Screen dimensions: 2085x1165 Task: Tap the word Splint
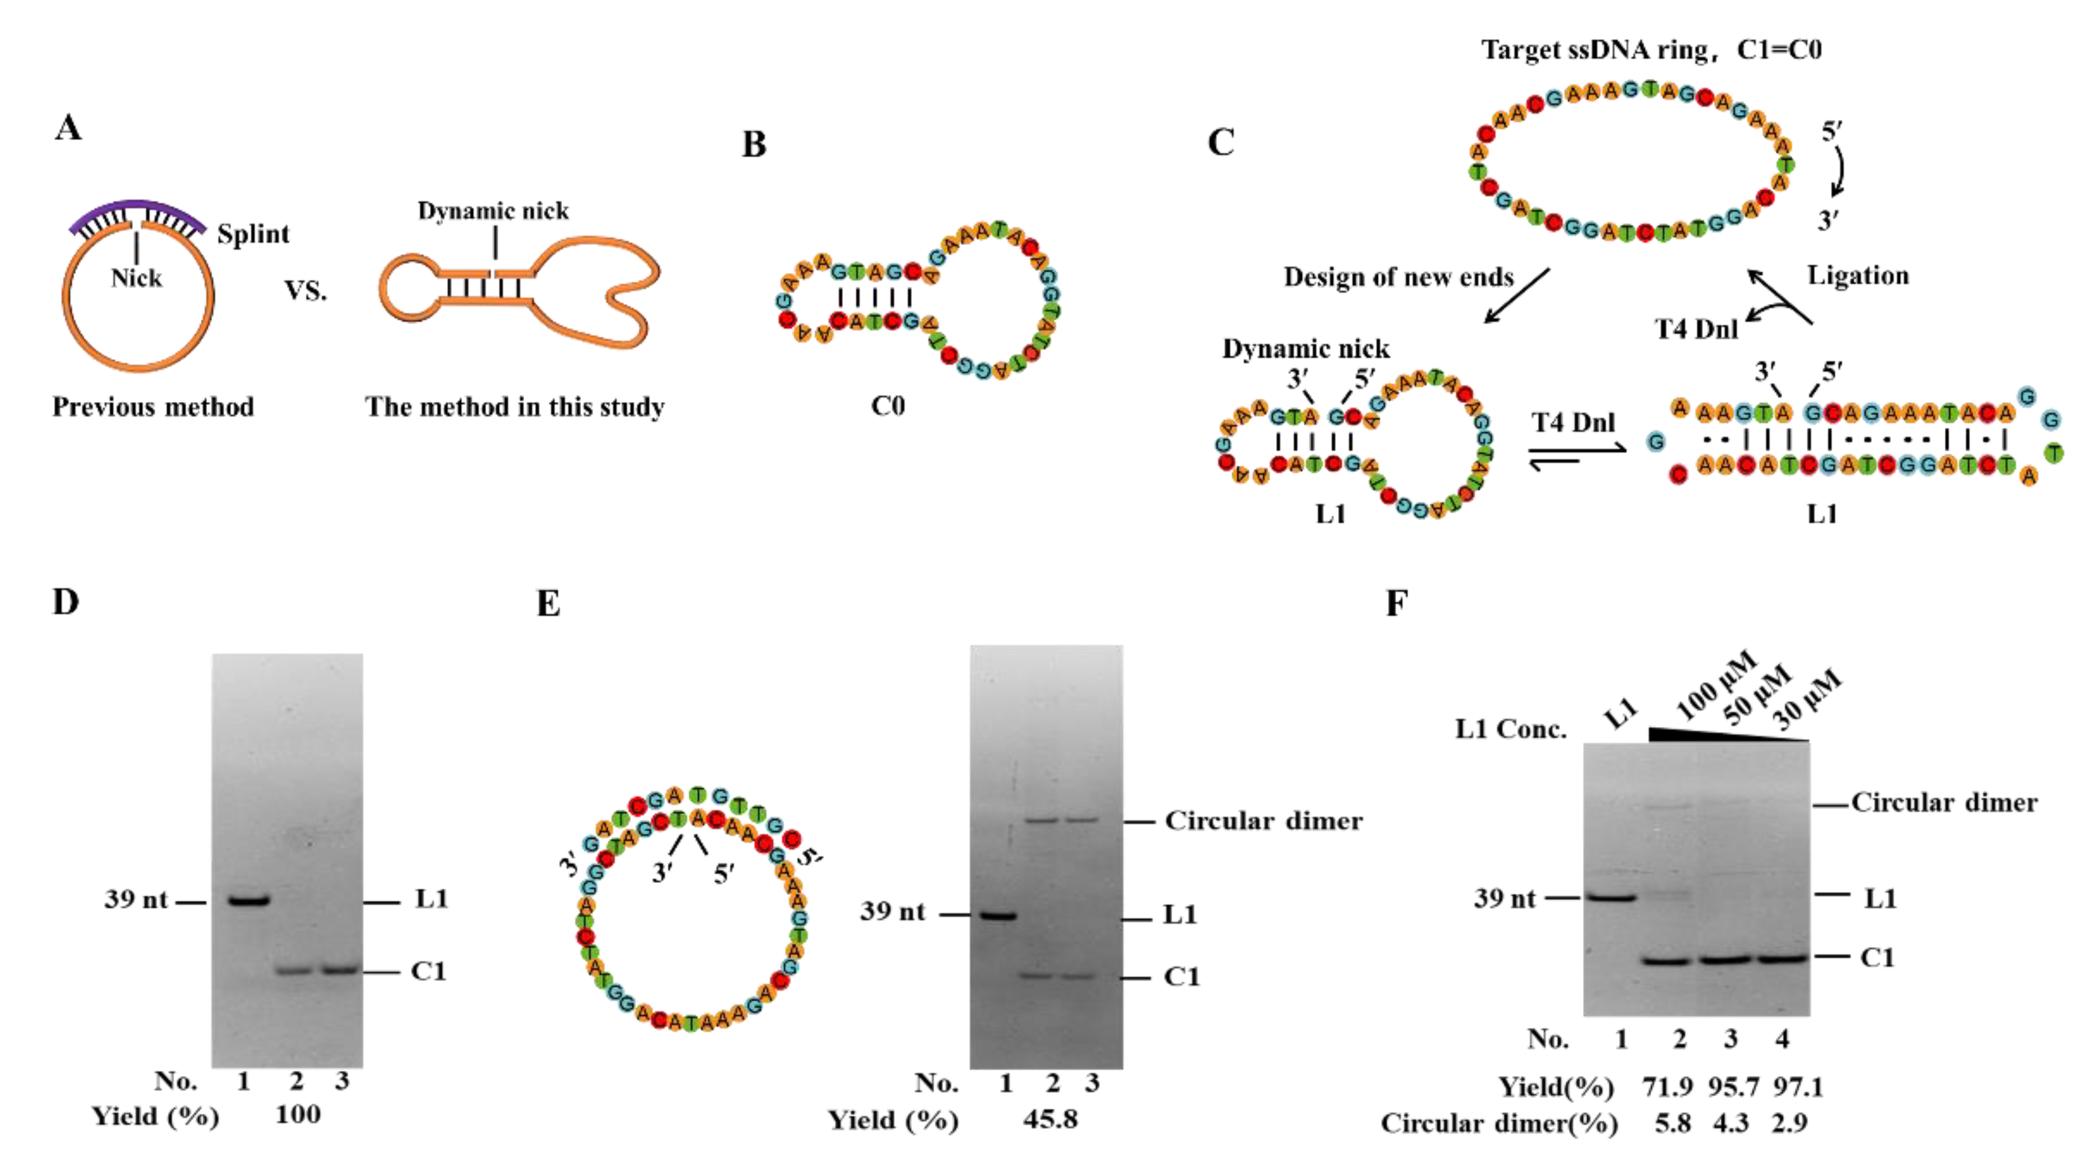point(253,234)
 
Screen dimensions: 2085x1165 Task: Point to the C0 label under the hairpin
point(887,405)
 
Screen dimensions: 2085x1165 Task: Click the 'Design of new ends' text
point(1398,278)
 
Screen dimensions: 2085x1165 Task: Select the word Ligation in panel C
point(1858,276)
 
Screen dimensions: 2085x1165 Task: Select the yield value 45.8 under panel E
point(1050,1119)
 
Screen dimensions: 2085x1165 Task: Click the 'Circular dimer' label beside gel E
point(1263,821)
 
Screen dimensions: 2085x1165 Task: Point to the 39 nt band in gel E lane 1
point(997,916)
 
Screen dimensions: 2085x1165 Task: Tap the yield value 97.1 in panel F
point(1798,1087)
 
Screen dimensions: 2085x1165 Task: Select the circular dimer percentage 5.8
point(1672,1123)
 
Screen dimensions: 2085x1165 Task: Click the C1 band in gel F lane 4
point(1783,959)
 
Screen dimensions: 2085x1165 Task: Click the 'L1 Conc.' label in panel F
point(1510,730)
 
